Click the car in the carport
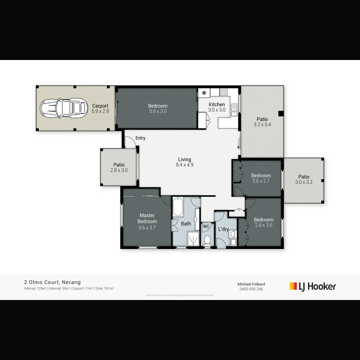click(x=63, y=108)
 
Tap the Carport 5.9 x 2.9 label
click(x=100, y=109)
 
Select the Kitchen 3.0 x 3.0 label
click(x=217, y=107)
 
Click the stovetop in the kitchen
click(x=224, y=92)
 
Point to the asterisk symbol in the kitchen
click(x=204, y=93)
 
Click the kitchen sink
click(x=234, y=110)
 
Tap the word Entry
click(x=140, y=138)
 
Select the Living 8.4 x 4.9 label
click(x=184, y=162)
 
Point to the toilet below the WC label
click(x=207, y=240)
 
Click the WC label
click(x=206, y=226)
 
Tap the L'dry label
click(x=223, y=229)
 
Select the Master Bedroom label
click(x=147, y=221)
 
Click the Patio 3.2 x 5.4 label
click(x=262, y=122)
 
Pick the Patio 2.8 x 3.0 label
click(x=119, y=167)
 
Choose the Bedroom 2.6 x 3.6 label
click(x=263, y=222)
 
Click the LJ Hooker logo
click(x=312, y=286)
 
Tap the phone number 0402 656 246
click(x=251, y=289)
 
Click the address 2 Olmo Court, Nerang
click(x=52, y=282)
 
